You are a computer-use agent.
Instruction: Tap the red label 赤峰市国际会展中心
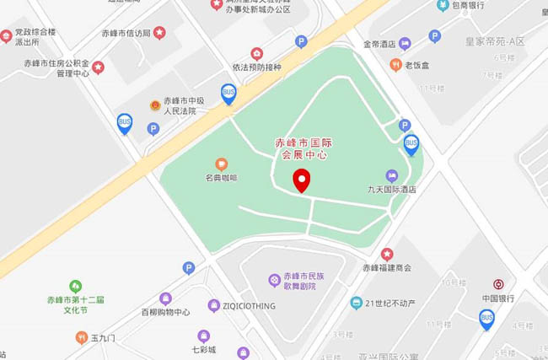pos(303,149)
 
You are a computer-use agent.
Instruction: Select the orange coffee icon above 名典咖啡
pos(222,164)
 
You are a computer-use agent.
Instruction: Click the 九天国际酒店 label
pos(392,190)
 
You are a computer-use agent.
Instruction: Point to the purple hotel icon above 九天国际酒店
pos(391,175)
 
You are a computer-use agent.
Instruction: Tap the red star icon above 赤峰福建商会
pos(387,254)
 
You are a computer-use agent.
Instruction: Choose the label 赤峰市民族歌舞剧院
pos(299,281)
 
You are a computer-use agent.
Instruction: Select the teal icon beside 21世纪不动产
pos(357,303)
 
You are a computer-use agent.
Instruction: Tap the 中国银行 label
pos(498,298)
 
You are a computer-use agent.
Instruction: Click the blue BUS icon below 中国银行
pos(486,318)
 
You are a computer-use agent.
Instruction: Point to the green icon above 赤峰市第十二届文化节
pos(76,287)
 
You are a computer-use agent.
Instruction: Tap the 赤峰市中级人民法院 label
pos(180,105)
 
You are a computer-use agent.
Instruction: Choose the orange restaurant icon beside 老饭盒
pos(395,65)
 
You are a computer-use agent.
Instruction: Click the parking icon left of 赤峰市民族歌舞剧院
pos(189,268)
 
